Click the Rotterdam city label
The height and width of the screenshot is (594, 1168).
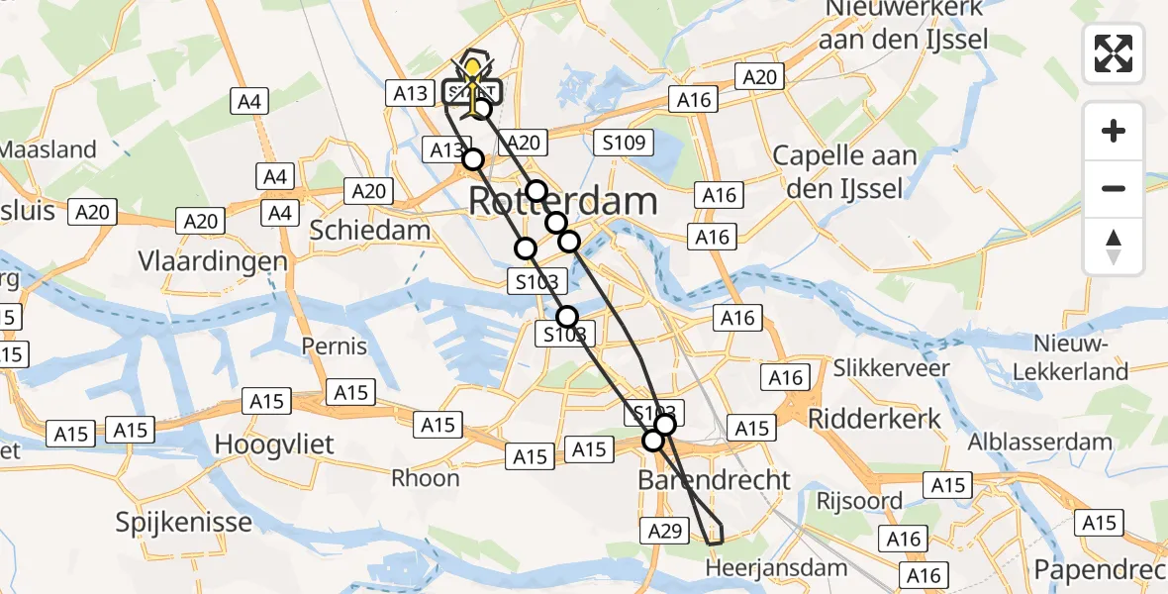[562, 201]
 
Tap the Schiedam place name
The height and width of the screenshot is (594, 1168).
[370, 230]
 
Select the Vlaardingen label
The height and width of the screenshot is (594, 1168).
[214, 262]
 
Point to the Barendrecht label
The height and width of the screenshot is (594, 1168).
[715, 480]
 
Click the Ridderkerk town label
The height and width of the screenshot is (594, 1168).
[875, 418]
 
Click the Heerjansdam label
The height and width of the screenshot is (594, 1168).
[777, 568]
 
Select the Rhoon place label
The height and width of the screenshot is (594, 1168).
[426, 478]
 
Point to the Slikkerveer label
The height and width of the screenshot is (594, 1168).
[891, 368]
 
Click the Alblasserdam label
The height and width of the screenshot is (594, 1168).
[1040, 442]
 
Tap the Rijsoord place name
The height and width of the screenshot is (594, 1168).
[859, 500]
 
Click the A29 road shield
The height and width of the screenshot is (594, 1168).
[665, 531]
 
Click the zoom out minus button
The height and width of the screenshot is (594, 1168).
[1114, 188]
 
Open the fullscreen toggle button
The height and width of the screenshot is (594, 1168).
[1114, 53]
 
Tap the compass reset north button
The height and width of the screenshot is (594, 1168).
[1114, 247]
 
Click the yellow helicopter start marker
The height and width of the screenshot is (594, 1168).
[474, 74]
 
